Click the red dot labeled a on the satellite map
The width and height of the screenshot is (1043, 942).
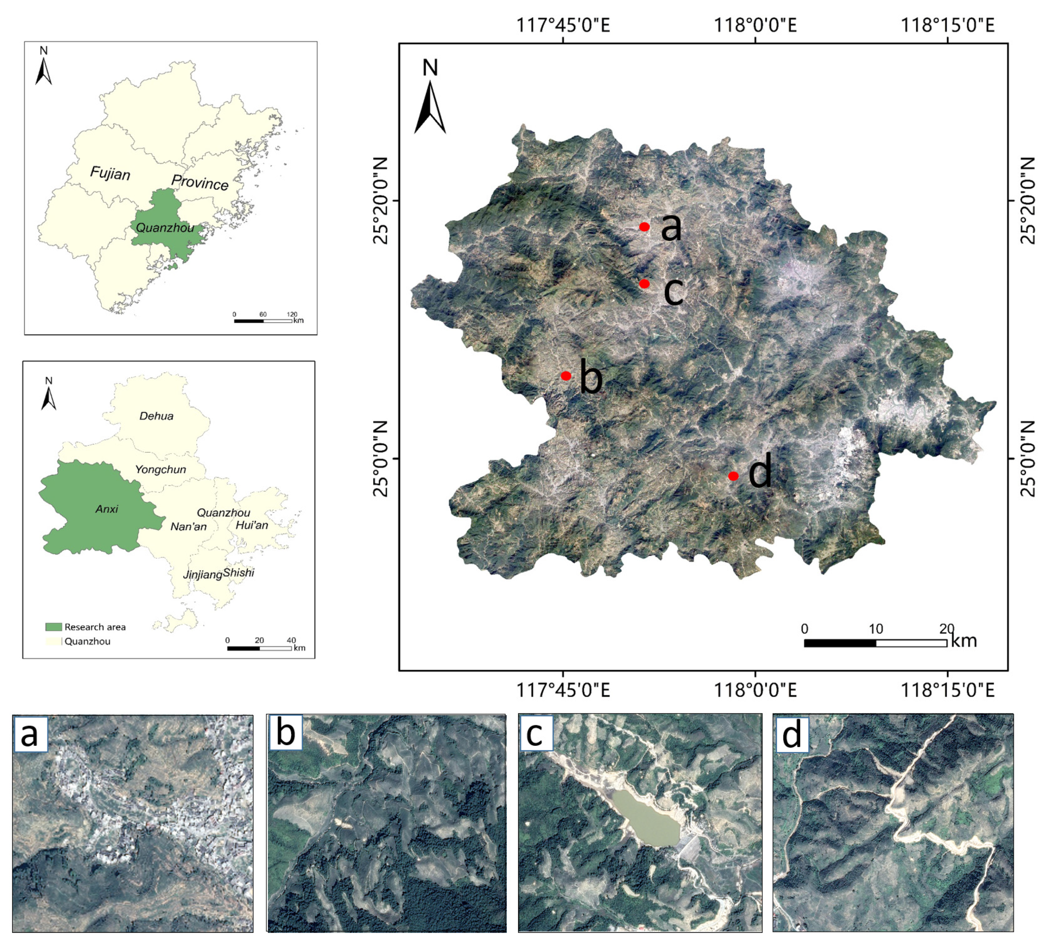644,227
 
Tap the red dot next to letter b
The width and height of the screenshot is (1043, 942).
566,376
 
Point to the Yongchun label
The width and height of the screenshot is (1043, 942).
160,470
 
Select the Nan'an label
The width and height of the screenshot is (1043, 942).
188,527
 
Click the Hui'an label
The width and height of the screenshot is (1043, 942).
252,525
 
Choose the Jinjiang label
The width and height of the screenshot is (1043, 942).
202,574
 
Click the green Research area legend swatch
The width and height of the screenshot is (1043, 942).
54,627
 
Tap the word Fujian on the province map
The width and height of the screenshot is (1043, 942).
110,173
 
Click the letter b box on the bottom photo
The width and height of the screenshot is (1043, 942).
286,733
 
